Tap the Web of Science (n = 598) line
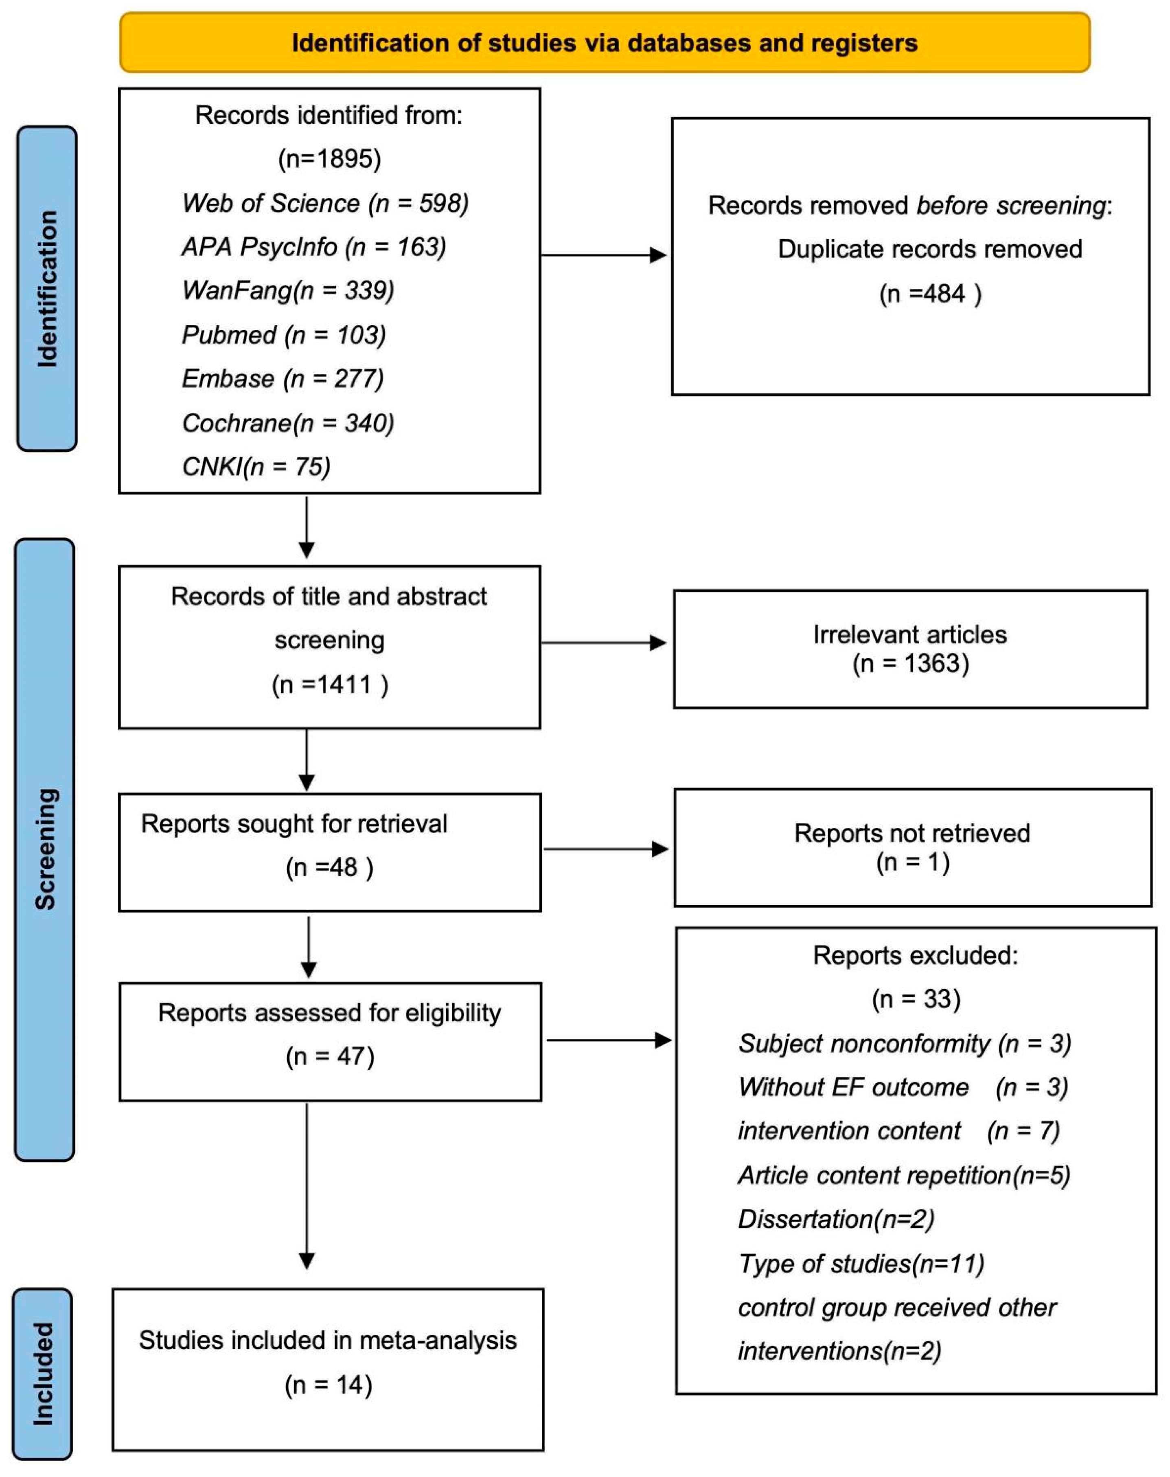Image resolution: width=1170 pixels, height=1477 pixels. click(325, 204)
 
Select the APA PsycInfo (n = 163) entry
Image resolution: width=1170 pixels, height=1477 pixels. click(314, 247)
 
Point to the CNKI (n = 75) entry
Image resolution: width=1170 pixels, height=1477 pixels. click(256, 467)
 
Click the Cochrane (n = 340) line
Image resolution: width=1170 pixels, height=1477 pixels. click(288, 423)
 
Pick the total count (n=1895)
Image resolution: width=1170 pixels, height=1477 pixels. click(329, 159)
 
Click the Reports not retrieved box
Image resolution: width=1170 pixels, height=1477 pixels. click(912, 847)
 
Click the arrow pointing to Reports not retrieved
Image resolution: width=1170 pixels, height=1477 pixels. click(605, 849)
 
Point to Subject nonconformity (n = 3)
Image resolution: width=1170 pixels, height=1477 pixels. click(904, 1043)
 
